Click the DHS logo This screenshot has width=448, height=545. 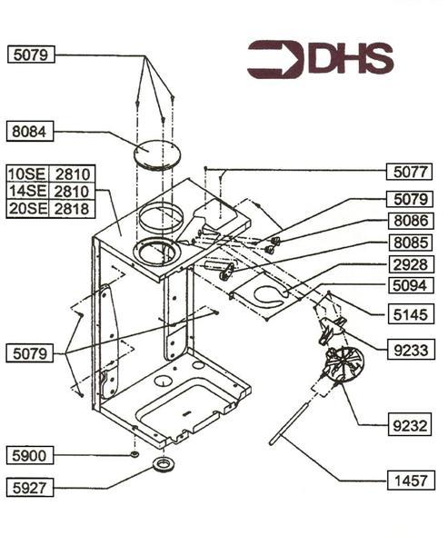pyautogui.click(x=320, y=59)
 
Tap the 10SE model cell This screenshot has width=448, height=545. pyautogui.click(x=26, y=173)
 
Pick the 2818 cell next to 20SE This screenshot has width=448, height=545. pyautogui.click(x=69, y=208)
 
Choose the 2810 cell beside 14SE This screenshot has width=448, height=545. pyautogui.click(x=69, y=191)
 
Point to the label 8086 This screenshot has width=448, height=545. pyautogui.click(x=410, y=221)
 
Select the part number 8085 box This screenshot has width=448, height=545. pyautogui.click(x=410, y=243)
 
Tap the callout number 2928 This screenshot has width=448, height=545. pyautogui.click(x=410, y=266)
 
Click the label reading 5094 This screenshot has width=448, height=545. pyautogui.click(x=410, y=288)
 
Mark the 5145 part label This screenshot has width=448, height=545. pyautogui.click(x=410, y=314)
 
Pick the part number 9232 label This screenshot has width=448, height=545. pyautogui.click(x=410, y=423)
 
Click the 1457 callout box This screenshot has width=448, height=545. pyautogui.click(x=410, y=481)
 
